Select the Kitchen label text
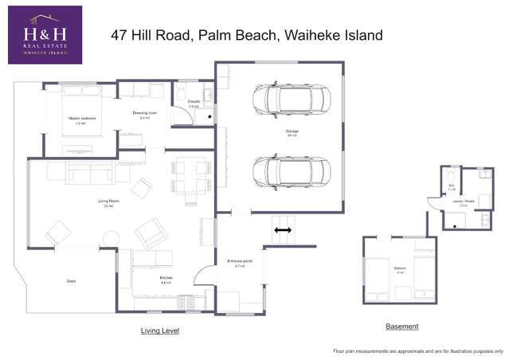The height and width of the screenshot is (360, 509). (x=166, y=279)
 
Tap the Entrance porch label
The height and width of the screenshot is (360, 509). (x=239, y=263)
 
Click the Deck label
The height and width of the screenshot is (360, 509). (x=71, y=280)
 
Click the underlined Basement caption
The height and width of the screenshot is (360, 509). (x=401, y=327)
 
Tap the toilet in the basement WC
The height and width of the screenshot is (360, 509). (x=451, y=174)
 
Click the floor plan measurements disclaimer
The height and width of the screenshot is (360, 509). (x=417, y=350)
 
